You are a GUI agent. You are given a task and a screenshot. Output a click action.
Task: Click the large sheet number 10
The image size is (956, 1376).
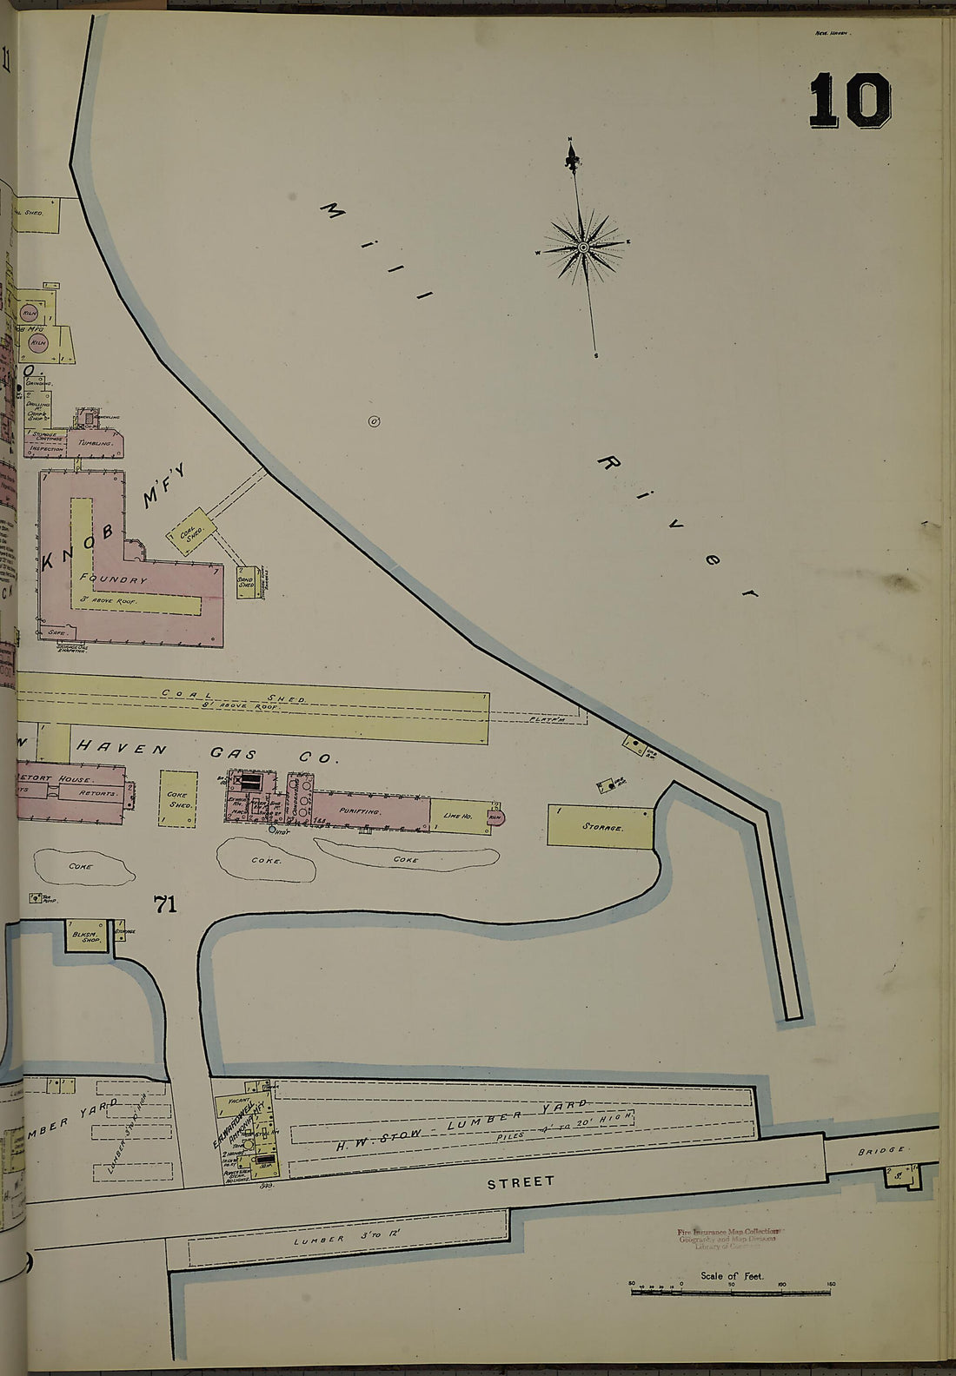(849, 101)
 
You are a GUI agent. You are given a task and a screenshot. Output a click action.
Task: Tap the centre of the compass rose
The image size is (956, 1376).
(584, 247)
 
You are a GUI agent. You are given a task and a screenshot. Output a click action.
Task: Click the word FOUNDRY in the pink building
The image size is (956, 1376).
(113, 579)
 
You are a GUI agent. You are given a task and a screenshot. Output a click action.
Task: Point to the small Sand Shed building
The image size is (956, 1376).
(247, 581)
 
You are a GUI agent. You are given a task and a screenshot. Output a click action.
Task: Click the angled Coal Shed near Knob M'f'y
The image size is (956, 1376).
(191, 530)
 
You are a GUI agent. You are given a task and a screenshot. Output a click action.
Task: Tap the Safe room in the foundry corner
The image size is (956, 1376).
(57, 633)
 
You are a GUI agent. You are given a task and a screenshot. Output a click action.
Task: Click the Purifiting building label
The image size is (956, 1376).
(361, 810)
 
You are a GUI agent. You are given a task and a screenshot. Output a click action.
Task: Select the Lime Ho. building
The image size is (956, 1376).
(457, 816)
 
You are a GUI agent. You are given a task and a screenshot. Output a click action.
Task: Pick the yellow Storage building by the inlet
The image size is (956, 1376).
(601, 827)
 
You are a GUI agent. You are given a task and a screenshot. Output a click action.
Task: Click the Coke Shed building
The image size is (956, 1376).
(177, 797)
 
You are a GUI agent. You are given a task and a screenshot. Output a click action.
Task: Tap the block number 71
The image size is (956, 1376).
(164, 904)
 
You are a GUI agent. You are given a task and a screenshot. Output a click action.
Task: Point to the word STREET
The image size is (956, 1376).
(520, 1182)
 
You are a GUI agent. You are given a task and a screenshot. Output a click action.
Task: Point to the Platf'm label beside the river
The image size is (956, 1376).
(548, 719)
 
